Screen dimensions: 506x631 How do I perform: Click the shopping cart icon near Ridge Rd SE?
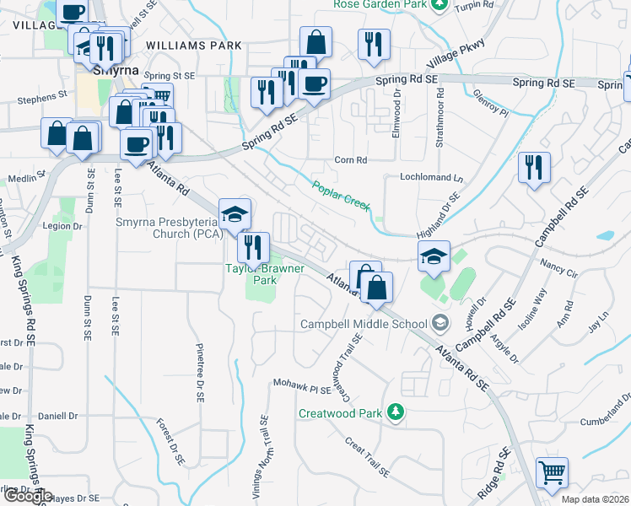[552, 472]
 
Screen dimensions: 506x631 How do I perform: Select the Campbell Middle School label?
[364, 324]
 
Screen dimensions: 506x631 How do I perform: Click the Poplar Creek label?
[342, 196]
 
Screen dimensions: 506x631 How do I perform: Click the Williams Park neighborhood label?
[193, 46]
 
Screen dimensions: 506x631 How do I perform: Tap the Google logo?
[27, 496]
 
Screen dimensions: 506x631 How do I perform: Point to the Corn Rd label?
[351, 159]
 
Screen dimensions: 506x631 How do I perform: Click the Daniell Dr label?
[57, 417]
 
